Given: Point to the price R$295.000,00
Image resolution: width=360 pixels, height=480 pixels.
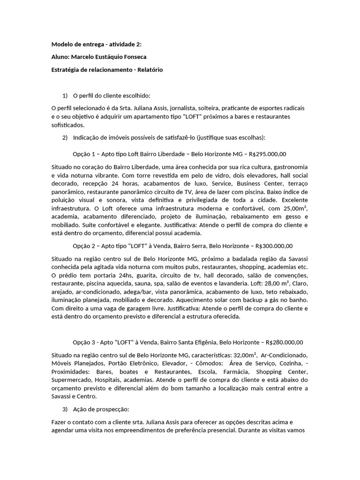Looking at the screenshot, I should [x=268, y=154].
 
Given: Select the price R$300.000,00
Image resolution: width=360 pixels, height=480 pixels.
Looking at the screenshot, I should [x=274, y=246].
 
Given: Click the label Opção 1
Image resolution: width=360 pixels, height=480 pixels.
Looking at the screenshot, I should [x=84, y=154].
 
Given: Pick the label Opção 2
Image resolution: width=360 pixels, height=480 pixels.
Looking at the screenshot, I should [x=84, y=246].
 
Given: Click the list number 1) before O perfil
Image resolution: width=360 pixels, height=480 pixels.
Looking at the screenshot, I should [x=65, y=96].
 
